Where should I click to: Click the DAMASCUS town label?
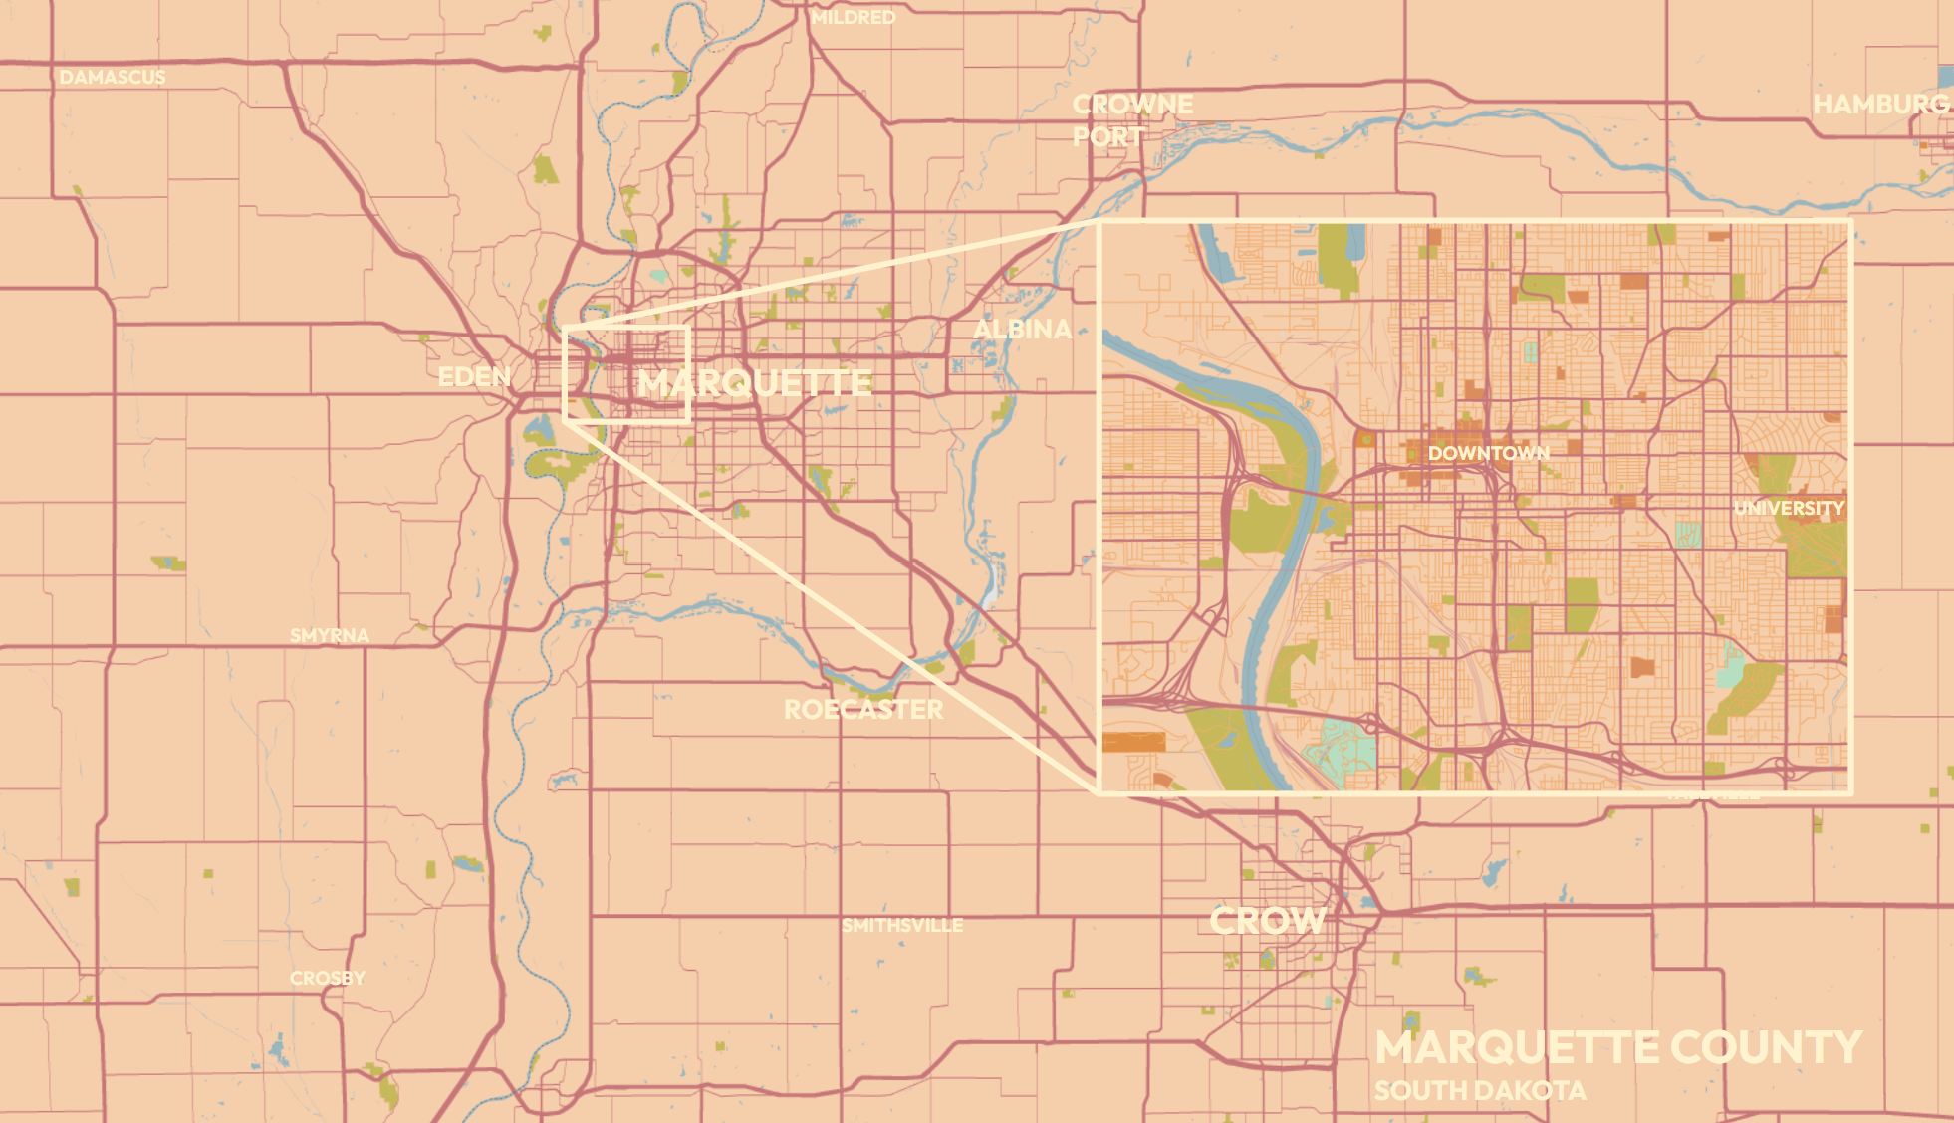coord(113,78)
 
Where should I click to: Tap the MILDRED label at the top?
coord(853,18)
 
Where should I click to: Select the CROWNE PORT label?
coord(1131,120)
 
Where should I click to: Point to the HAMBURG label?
coord(1880,105)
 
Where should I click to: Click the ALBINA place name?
coord(1022,330)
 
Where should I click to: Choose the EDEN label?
coord(474,377)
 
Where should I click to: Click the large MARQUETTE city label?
coord(755,383)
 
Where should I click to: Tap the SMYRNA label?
coord(329,635)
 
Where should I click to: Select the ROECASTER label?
coord(862,710)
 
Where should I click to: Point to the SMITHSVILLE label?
coord(901,926)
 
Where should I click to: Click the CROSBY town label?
coord(327,979)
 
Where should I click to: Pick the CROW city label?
coord(1267,921)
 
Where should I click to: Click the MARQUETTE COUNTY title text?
coord(1617,1048)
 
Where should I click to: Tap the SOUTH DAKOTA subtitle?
coord(1480,1091)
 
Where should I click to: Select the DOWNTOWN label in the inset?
coord(1488,454)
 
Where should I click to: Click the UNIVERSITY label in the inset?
coord(1789,509)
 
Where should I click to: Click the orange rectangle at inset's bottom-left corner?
coord(1133,742)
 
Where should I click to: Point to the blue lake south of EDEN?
coord(539,432)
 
